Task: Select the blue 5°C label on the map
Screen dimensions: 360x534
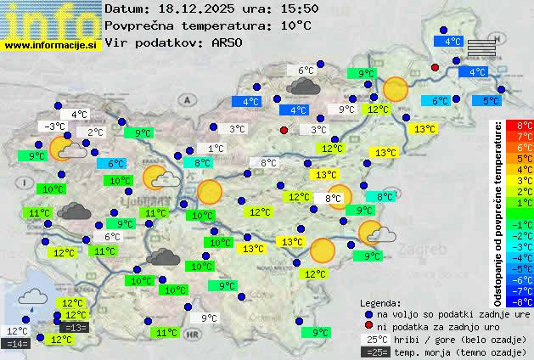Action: [x=491, y=101]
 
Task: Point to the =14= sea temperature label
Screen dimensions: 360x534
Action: [x=16, y=343]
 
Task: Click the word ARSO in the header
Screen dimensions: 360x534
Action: [x=230, y=42]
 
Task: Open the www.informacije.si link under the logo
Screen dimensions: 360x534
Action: [x=51, y=44]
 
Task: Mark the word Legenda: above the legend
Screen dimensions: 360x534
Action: [x=381, y=303]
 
